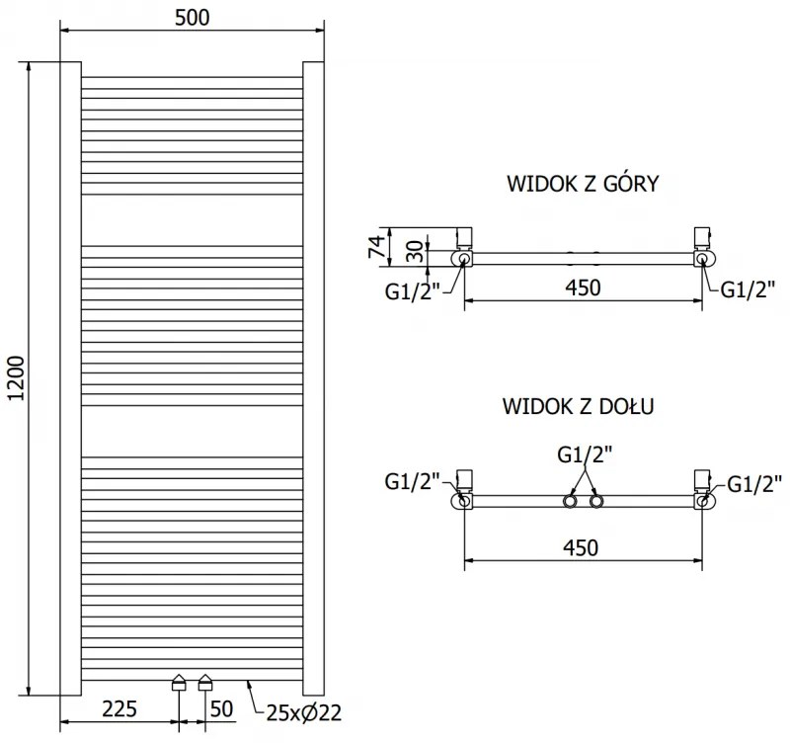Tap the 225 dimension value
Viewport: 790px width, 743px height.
[x=118, y=709]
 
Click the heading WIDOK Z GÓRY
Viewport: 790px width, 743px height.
[x=583, y=184]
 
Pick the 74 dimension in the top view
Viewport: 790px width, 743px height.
[x=375, y=245]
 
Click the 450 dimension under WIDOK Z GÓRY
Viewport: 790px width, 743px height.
[x=582, y=288]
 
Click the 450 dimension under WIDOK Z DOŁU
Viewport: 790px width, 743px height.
[x=582, y=547]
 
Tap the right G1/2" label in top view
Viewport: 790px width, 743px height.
[x=746, y=289]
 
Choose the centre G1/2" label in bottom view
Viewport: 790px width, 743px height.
[x=585, y=454]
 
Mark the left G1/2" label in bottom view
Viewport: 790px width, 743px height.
[x=412, y=482]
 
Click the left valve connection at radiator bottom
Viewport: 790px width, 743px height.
[x=179, y=682]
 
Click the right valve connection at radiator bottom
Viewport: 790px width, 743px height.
[x=205, y=682]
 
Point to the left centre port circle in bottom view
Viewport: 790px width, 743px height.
[x=570, y=502]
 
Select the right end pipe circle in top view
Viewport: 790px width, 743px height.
[x=701, y=259]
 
